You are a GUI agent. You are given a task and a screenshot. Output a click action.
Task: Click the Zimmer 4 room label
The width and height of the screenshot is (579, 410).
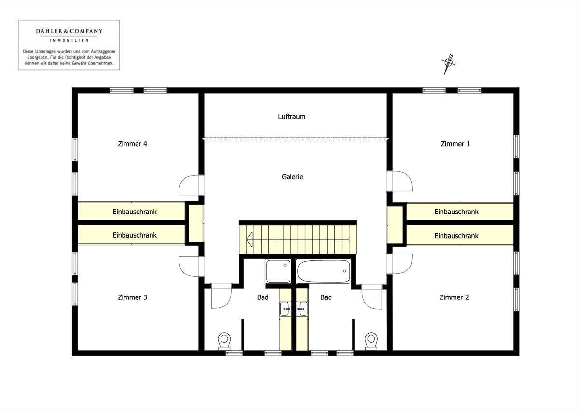pyautogui.click(x=132, y=144)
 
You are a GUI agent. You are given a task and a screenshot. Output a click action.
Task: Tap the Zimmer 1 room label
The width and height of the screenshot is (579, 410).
pyautogui.click(x=455, y=144)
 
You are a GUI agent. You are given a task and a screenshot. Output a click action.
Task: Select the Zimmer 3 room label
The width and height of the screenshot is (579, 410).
pyautogui.click(x=132, y=297)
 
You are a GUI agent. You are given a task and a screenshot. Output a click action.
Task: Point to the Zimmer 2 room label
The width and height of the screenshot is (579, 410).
pyautogui.click(x=454, y=297)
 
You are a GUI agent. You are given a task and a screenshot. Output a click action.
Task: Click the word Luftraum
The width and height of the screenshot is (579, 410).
pyautogui.click(x=292, y=117)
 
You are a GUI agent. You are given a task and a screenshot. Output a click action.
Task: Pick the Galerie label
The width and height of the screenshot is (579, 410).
pyautogui.click(x=292, y=177)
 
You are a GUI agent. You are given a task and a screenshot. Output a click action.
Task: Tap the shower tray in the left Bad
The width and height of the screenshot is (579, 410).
pyautogui.click(x=278, y=271)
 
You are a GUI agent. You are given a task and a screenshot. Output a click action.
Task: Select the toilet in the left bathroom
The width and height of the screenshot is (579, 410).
pyautogui.click(x=224, y=340)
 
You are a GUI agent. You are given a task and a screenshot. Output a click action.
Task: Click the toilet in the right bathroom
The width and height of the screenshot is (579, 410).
pyautogui.click(x=371, y=340)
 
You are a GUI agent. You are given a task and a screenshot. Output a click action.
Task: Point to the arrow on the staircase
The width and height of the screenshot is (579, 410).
pyautogui.click(x=250, y=238)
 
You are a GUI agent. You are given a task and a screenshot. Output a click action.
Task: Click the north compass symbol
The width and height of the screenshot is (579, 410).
pyautogui.click(x=449, y=63)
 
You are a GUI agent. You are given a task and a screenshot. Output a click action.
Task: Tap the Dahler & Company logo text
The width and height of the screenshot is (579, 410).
pyautogui.click(x=69, y=31)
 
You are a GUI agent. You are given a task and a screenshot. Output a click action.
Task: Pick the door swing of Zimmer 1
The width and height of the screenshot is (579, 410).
pyautogui.click(x=402, y=182)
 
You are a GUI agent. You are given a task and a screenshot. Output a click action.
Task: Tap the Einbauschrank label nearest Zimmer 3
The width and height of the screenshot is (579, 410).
pyautogui.click(x=135, y=235)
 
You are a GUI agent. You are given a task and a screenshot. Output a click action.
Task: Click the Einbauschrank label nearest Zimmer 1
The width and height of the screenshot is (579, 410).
pyautogui.click(x=456, y=212)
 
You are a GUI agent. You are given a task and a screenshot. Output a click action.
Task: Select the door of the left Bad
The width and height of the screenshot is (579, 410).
pyautogui.click(x=221, y=296)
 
